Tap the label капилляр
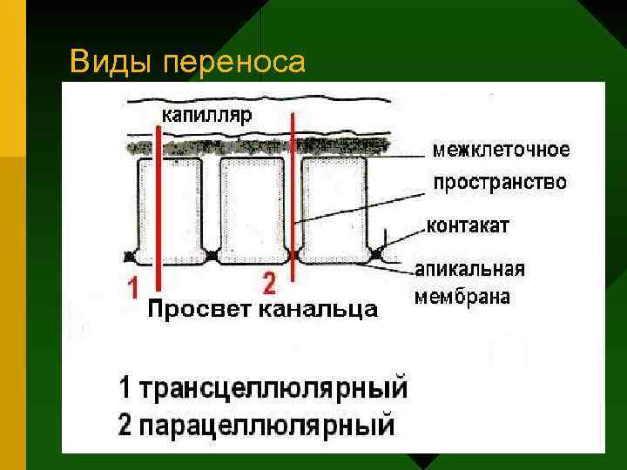(206, 115)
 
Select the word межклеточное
(502, 150)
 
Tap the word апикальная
(470, 268)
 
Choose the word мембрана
(462, 297)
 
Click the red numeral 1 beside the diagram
(133, 287)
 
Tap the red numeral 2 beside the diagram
(268, 283)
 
